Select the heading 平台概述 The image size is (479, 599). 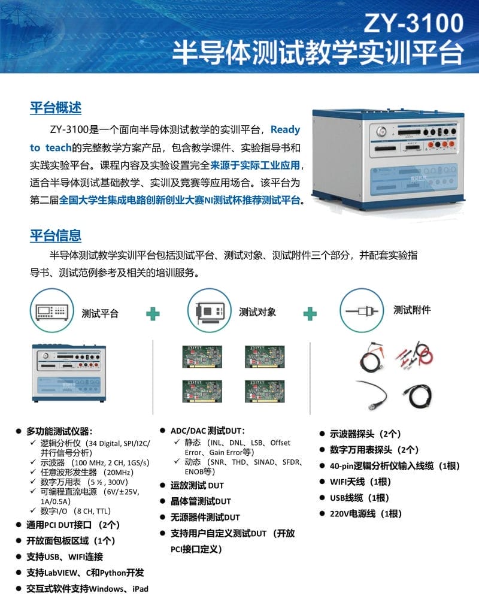[x=56, y=108]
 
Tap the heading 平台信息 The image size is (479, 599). [x=56, y=235]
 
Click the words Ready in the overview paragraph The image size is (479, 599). [x=286, y=130]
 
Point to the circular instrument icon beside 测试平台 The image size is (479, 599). [x=51, y=310]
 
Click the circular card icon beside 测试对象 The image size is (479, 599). [x=210, y=310]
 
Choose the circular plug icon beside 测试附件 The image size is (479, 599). [x=362, y=310]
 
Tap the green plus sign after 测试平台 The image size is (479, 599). [x=153, y=314]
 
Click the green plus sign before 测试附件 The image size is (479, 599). [x=310, y=314]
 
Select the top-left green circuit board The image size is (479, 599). [x=202, y=357]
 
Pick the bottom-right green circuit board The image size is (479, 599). [x=265, y=391]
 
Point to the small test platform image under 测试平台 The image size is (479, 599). [x=69, y=373]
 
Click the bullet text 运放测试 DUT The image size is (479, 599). [x=197, y=486]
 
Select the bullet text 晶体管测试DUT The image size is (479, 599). [x=201, y=501]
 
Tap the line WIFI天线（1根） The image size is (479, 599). [x=360, y=482]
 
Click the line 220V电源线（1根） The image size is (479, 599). [x=366, y=514]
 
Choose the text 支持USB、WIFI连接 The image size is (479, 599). [x=65, y=557]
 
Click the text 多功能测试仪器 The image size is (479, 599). [x=59, y=432]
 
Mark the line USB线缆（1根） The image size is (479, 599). [x=359, y=498]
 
